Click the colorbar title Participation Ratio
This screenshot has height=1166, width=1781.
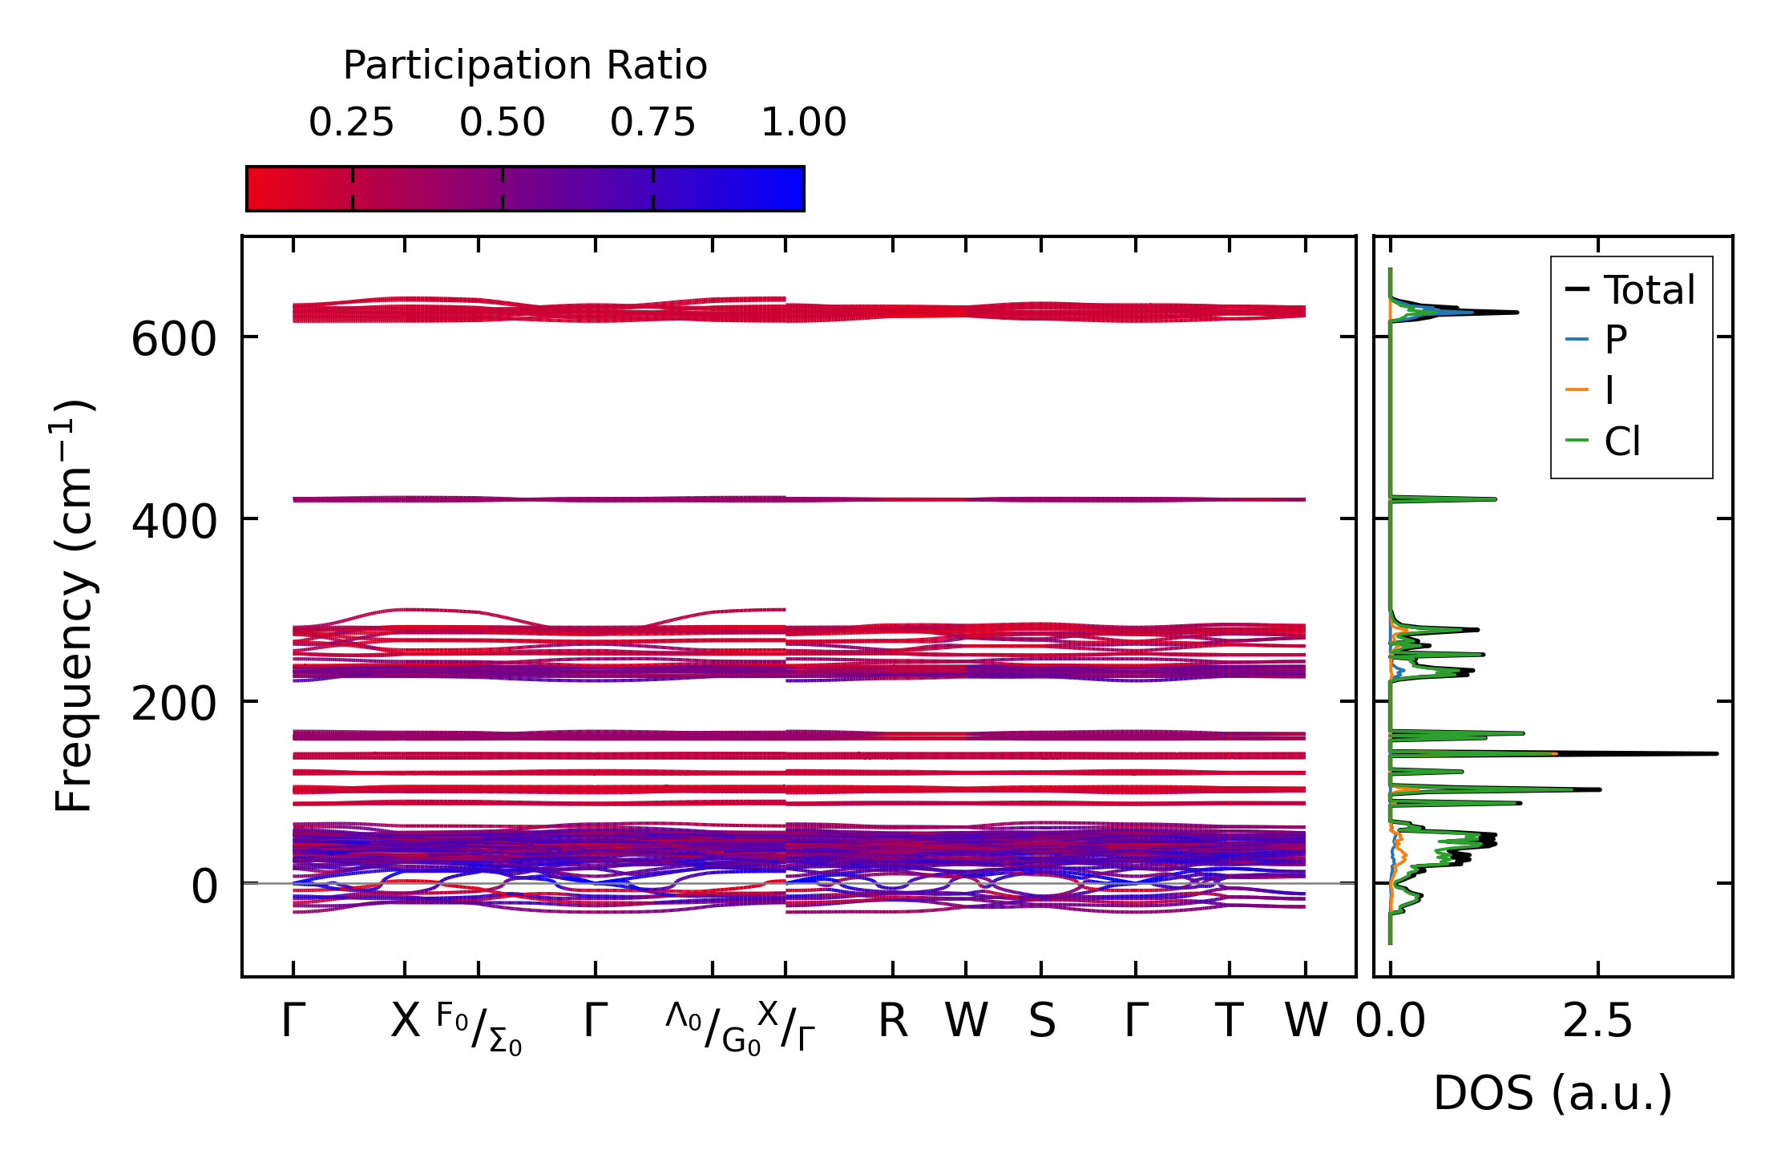pyautogui.click(x=525, y=66)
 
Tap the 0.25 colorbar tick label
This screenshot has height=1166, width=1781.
pyautogui.click(x=351, y=123)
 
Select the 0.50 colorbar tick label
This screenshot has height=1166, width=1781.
pyautogui.click(x=502, y=123)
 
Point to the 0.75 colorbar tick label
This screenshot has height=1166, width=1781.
pyautogui.click(x=652, y=123)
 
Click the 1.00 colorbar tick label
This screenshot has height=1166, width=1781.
pyautogui.click(x=803, y=123)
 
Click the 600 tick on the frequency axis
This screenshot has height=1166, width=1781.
pyautogui.click(x=173, y=339)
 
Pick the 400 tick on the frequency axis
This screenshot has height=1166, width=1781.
pyautogui.click(x=173, y=521)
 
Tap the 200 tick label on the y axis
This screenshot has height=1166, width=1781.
pyautogui.click(x=173, y=704)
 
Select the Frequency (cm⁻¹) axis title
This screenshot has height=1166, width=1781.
pyautogui.click(x=74, y=606)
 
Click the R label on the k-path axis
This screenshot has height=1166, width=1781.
pyautogui.click(x=893, y=1021)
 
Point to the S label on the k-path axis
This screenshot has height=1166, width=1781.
pyautogui.click(x=1041, y=1021)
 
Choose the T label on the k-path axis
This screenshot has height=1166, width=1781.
pyautogui.click(x=1229, y=1021)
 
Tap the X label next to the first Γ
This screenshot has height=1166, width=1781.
pyautogui.click(x=405, y=1021)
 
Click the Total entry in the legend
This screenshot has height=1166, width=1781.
pyautogui.click(x=1649, y=289)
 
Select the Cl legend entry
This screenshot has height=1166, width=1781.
pyautogui.click(x=1622, y=441)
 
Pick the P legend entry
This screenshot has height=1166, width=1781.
pyautogui.click(x=1615, y=340)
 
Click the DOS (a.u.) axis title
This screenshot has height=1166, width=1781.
pyautogui.click(x=1553, y=1093)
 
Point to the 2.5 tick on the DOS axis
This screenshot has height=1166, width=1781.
pyautogui.click(x=1597, y=1021)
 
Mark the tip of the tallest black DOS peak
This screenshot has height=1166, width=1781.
pyautogui.click(x=1717, y=753)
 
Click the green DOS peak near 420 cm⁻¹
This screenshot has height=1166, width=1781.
pyautogui.click(x=1494, y=499)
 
